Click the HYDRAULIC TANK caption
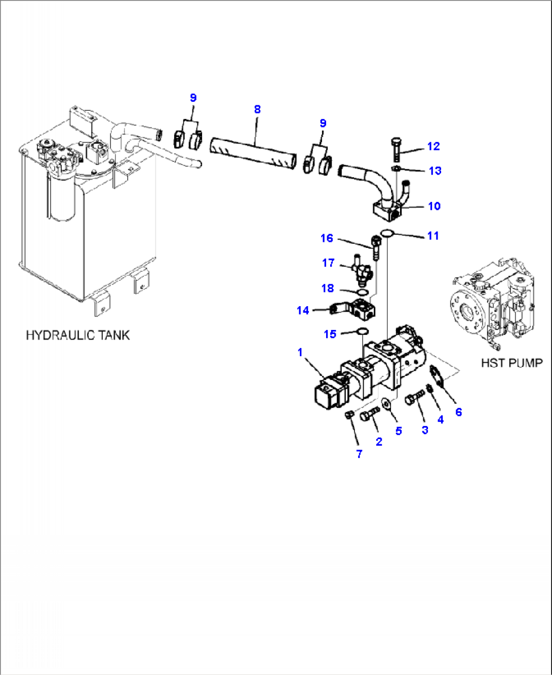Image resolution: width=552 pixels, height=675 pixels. pyautogui.click(x=77, y=335)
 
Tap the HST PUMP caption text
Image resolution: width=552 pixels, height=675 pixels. pyautogui.click(x=511, y=363)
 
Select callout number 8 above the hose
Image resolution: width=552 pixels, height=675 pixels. pyautogui.click(x=257, y=109)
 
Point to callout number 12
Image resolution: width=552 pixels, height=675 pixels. pyautogui.click(x=433, y=146)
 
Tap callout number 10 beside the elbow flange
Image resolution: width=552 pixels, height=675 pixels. pyautogui.click(x=434, y=206)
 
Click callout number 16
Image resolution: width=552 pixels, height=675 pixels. pyautogui.click(x=327, y=238)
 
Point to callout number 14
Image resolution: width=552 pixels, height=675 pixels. pyautogui.click(x=303, y=310)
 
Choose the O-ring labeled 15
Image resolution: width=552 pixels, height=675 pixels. pyautogui.click(x=362, y=331)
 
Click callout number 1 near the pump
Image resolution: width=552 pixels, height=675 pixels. pyautogui.click(x=300, y=352)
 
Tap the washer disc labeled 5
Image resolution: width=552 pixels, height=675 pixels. pyautogui.click(x=387, y=405)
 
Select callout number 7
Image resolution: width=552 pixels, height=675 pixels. pyautogui.click(x=359, y=454)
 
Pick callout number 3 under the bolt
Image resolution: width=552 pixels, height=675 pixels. pyautogui.click(x=425, y=430)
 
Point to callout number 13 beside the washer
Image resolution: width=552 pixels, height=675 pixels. pyautogui.click(x=435, y=171)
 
